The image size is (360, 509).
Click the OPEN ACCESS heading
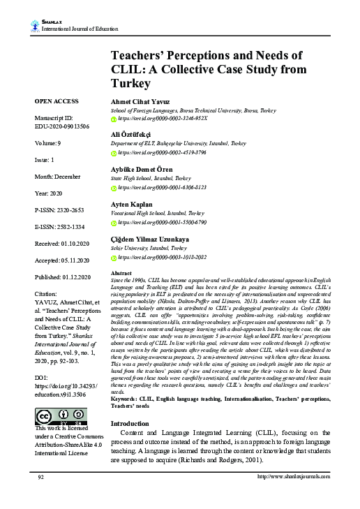coord(57,102)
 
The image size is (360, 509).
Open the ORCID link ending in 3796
coord(162,152)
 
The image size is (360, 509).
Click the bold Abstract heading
coord(122,273)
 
